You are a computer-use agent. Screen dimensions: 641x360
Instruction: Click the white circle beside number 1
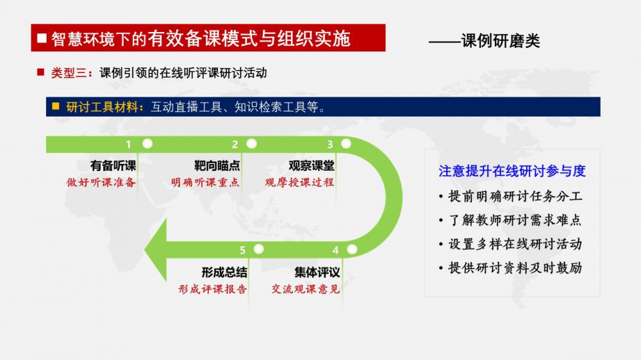click(x=147, y=144)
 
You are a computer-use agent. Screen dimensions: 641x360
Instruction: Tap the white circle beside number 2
click(x=251, y=144)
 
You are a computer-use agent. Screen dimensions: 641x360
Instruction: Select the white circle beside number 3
click(x=346, y=144)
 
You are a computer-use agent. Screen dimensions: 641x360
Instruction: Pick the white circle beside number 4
click(x=351, y=249)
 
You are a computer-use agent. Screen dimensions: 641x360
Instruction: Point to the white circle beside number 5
click(x=258, y=249)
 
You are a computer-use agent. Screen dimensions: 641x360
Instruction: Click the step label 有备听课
click(x=113, y=166)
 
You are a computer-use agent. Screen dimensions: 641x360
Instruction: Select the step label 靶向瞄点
click(x=217, y=166)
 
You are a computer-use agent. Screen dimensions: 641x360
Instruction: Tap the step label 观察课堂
click(x=312, y=166)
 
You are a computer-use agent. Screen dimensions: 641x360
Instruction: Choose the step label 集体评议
click(x=317, y=272)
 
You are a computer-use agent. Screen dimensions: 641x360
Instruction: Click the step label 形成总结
click(x=224, y=272)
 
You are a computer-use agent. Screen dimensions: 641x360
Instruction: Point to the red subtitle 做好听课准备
click(x=101, y=183)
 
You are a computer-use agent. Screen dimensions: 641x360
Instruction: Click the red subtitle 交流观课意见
click(x=306, y=289)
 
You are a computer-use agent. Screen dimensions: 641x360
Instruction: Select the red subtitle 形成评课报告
click(x=213, y=289)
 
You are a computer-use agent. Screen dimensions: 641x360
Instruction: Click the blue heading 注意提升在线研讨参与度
click(x=512, y=171)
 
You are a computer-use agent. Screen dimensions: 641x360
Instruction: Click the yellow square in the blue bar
click(x=56, y=106)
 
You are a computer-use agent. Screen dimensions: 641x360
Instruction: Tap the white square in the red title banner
click(x=42, y=38)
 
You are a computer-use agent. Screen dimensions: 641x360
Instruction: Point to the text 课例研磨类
click(x=501, y=40)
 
